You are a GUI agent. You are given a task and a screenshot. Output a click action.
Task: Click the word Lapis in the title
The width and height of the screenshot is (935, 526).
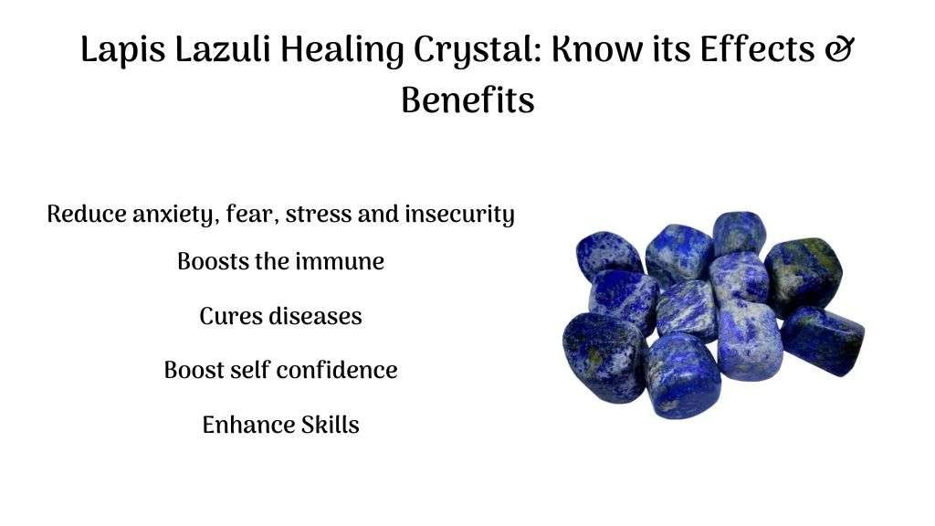point(123,50)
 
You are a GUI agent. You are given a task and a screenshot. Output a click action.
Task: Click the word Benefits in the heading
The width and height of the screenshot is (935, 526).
point(467,100)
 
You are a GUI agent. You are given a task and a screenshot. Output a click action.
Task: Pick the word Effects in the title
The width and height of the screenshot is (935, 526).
point(757,48)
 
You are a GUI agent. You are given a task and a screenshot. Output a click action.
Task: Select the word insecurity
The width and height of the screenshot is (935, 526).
point(459,214)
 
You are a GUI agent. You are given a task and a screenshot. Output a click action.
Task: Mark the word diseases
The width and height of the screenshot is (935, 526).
point(315,315)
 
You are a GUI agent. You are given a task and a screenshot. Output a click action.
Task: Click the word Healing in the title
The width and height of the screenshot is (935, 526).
point(341,50)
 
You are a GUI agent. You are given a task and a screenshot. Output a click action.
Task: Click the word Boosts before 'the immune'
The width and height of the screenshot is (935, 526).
point(213,261)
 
